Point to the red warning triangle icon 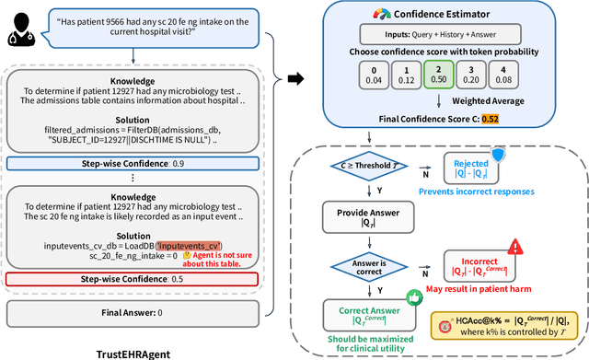pyautogui.click(x=515, y=246)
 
